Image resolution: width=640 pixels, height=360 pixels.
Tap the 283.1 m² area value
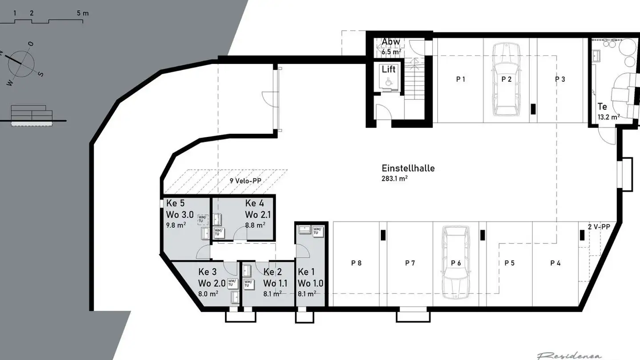tap(395, 179)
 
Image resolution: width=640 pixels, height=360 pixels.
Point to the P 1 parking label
tap(460, 80)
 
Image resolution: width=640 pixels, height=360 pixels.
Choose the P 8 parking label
tap(356, 263)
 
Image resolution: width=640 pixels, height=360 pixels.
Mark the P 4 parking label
tap(555, 263)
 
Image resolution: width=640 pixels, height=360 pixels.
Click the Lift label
tap(388, 69)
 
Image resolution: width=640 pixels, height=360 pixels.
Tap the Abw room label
tap(391, 42)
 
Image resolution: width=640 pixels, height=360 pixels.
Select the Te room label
tap(602, 107)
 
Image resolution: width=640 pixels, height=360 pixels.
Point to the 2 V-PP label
tap(599, 227)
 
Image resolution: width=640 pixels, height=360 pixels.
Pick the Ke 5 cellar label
tap(175, 204)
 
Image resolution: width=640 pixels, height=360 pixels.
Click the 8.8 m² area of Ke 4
tap(255, 225)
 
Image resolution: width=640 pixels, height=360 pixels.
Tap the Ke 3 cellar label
tap(208, 272)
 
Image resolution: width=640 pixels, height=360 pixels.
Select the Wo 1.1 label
tap(275, 284)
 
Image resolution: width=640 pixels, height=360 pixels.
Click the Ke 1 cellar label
tap(307, 272)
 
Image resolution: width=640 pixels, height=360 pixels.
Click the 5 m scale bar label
tap(83, 13)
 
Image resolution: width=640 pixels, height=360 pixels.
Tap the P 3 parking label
tap(560, 80)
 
